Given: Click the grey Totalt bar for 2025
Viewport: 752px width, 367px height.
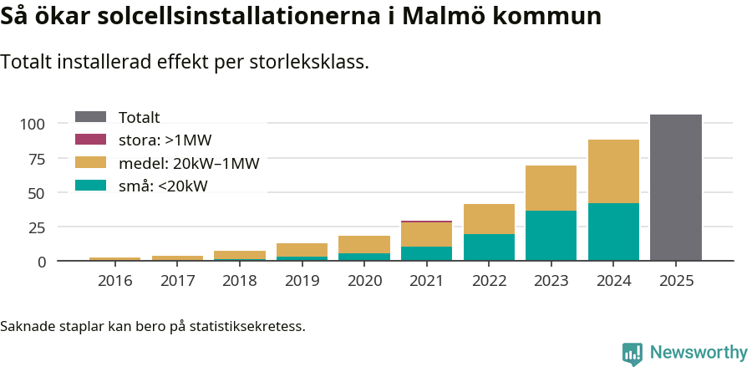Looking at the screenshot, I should (675, 188).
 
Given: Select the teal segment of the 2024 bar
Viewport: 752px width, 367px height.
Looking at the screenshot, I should (613, 232).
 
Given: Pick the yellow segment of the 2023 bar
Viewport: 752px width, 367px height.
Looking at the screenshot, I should (551, 188).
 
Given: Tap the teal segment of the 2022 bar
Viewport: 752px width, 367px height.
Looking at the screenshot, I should (489, 247).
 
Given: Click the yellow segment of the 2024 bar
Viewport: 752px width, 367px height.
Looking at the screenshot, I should (613, 171).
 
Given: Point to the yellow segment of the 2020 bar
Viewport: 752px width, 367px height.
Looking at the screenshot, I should (363, 244).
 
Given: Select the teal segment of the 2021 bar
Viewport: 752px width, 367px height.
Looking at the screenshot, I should (426, 254).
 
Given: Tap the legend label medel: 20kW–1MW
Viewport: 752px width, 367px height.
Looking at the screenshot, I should (189, 163).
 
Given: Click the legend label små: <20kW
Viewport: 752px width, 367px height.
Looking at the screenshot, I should (163, 186).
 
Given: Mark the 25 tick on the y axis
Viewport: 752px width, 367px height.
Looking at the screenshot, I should (36, 227).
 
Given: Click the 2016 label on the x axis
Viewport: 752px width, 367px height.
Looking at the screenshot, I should (114, 280).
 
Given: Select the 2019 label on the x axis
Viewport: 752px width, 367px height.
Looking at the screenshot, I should (302, 280).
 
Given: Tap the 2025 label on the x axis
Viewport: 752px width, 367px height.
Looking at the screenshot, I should (675, 280).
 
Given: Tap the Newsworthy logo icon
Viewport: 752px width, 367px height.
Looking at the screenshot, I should (633, 353).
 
